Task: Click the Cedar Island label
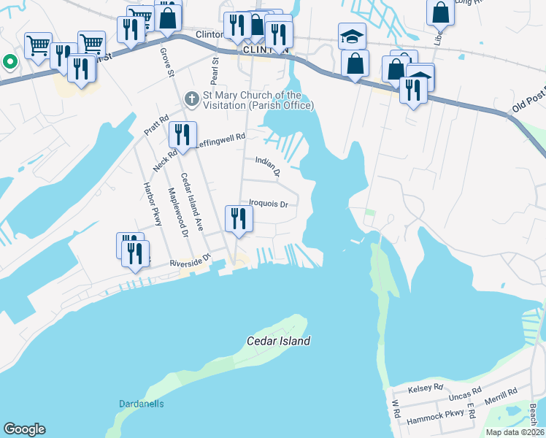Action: coord(278,341)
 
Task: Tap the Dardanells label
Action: coord(142,404)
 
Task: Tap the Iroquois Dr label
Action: coord(269,204)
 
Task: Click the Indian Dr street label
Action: coord(268,166)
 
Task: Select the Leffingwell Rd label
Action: coord(220,141)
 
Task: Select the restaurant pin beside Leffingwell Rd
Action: coord(182,135)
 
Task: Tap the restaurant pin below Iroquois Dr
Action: coord(239,218)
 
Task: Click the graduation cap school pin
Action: coord(352,36)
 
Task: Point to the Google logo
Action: coord(25,429)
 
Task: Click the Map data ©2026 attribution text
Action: coord(515,432)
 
